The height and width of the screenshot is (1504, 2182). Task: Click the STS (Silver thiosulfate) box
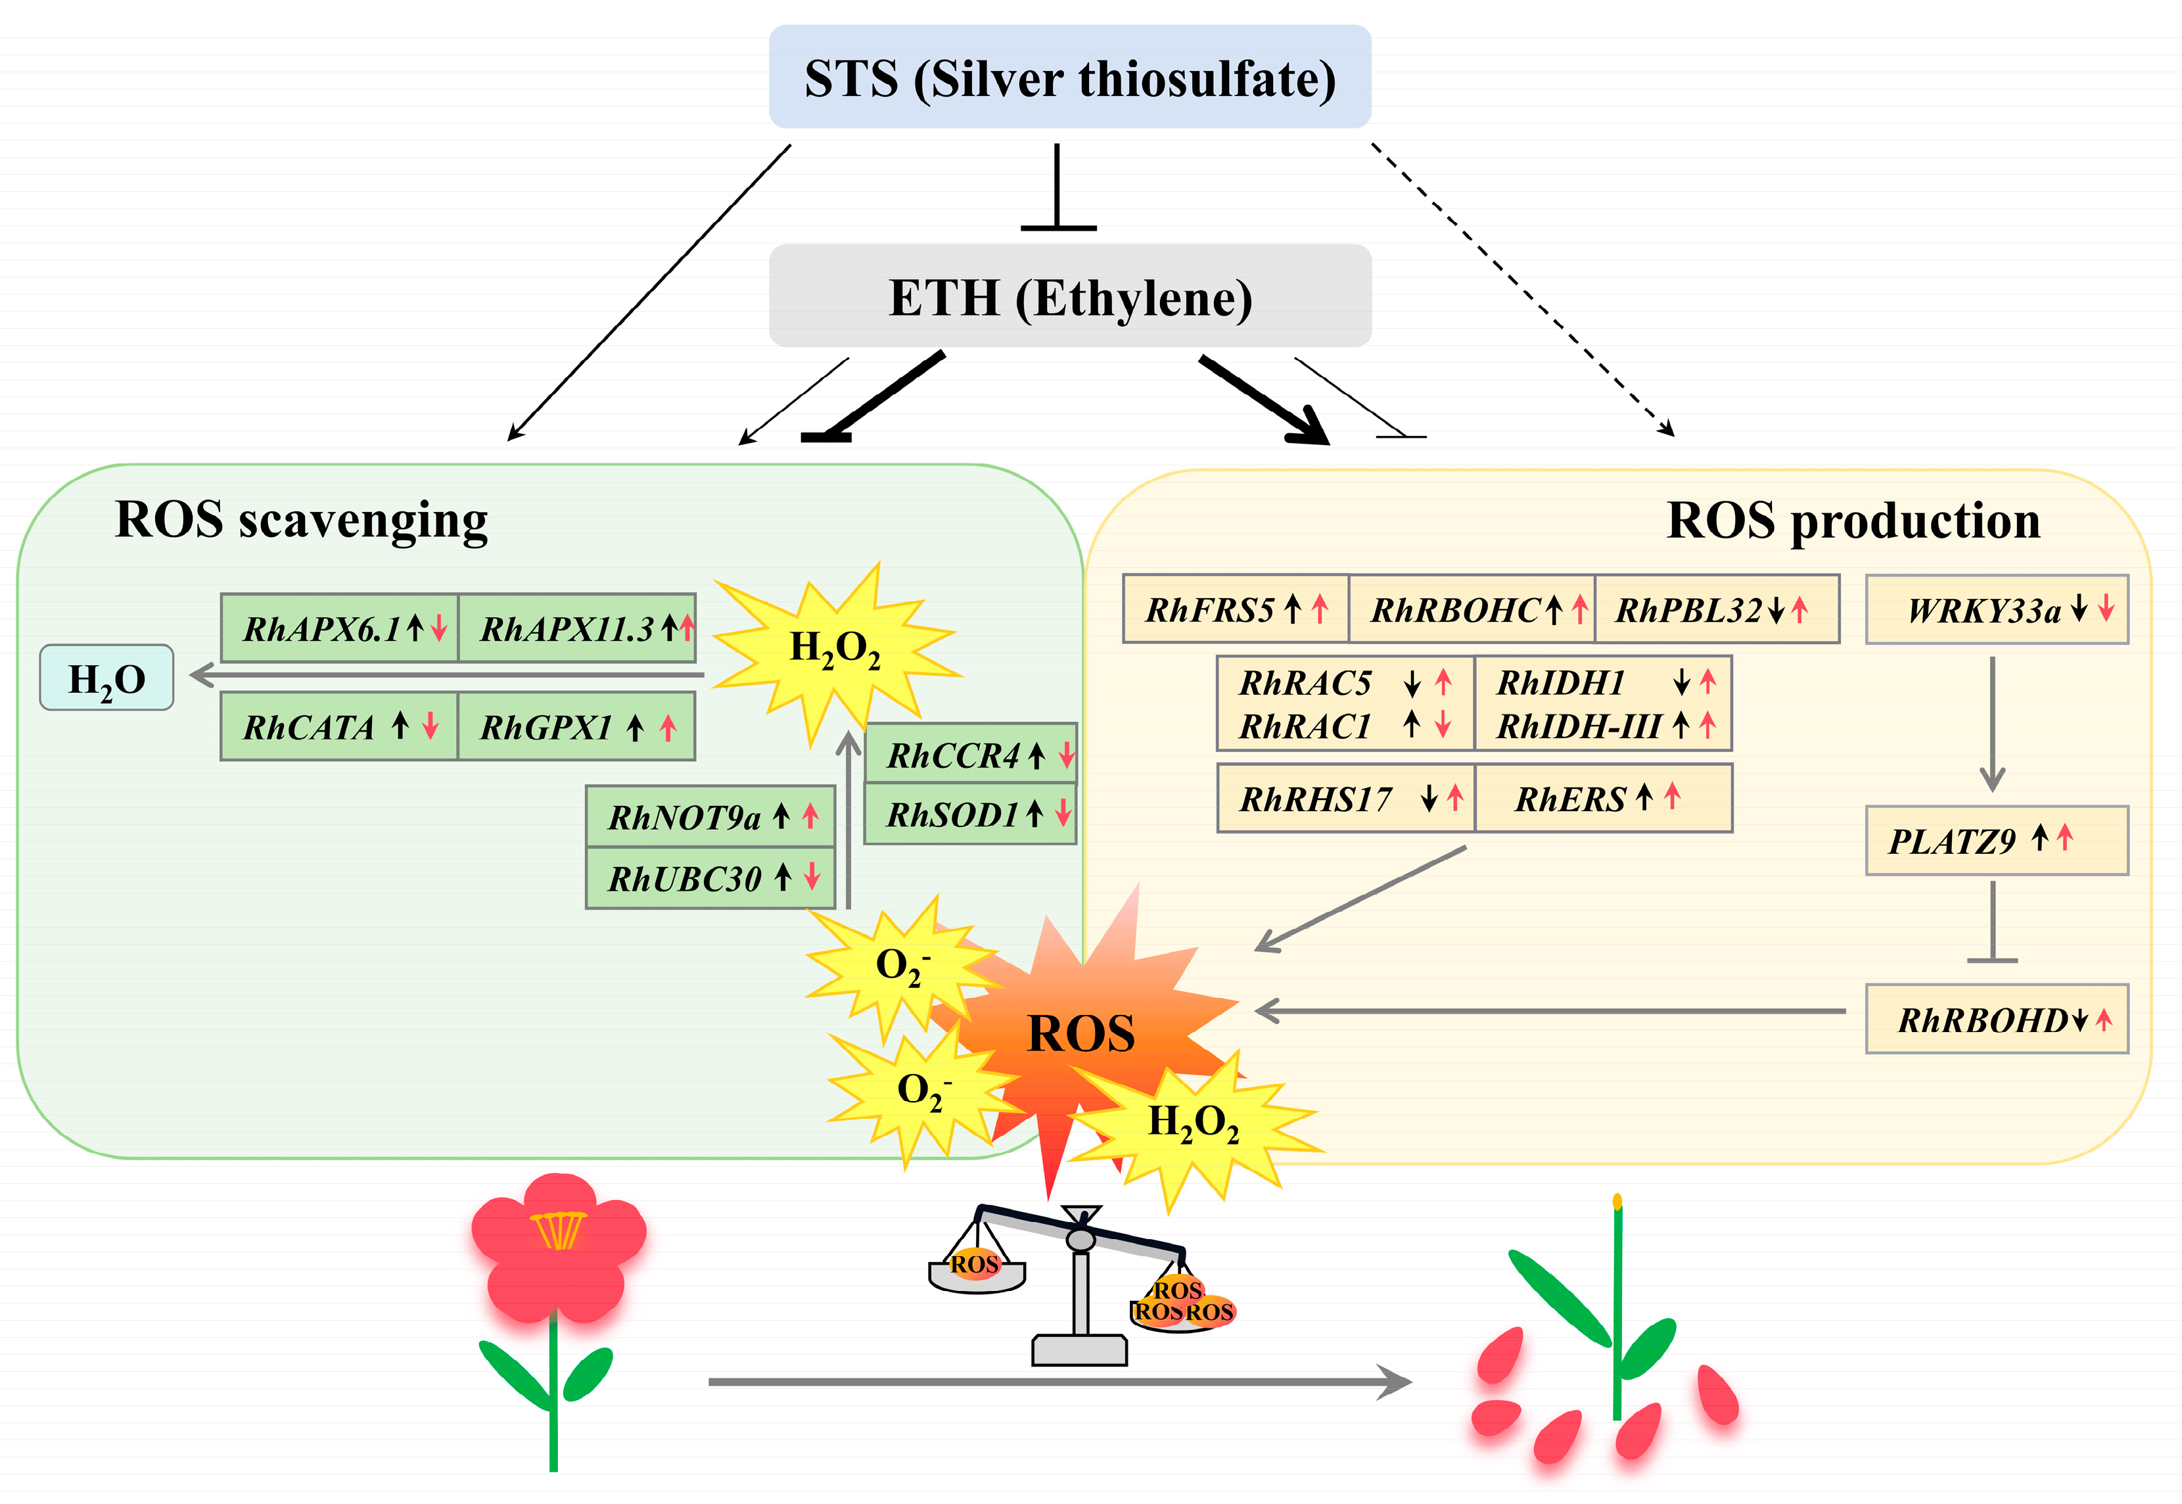pos(1069,76)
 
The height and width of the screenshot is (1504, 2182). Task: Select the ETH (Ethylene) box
pos(1070,295)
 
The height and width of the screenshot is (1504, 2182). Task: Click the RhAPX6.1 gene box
pos(340,628)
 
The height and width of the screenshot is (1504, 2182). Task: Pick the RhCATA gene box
pos(339,726)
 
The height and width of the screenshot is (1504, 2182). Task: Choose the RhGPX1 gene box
pos(576,726)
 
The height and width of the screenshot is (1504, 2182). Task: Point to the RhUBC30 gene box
pos(710,878)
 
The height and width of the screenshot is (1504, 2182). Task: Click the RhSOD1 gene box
pos(971,813)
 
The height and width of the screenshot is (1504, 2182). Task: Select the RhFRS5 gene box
pos(1236,609)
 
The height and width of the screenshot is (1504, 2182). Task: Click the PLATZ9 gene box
pos(1997,839)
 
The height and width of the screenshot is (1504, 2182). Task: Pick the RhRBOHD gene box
pos(1997,1019)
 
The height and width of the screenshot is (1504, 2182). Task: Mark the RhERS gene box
pos(1604,798)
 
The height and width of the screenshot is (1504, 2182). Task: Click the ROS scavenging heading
pos(302,520)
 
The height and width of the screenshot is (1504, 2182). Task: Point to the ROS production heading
pos(1853,520)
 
